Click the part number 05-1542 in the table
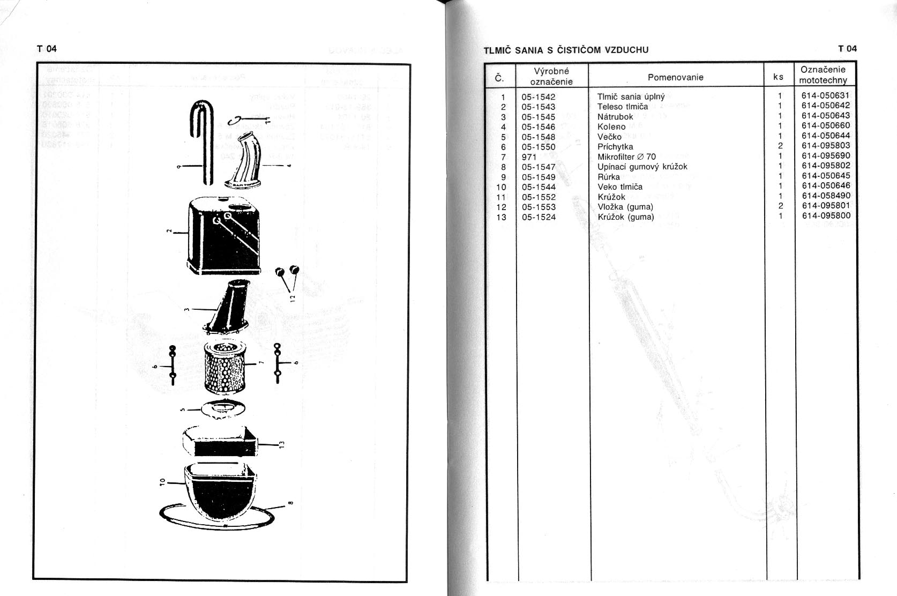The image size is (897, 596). (539, 97)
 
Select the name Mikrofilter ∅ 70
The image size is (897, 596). (626, 157)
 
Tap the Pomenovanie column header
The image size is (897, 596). (675, 77)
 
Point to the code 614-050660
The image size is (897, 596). (826, 125)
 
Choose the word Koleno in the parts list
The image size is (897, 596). (611, 126)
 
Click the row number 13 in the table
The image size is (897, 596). (502, 217)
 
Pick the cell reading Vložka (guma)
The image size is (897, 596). (625, 207)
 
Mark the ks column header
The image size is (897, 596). (778, 77)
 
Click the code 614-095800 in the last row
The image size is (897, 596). (826, 216)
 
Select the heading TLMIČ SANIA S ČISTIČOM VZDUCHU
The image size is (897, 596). (566, 50)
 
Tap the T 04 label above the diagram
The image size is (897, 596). (47, 49)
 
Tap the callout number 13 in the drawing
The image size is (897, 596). (282, 443)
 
